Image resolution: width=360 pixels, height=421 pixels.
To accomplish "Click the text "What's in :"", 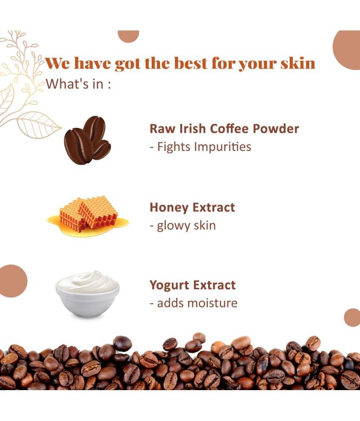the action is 78,84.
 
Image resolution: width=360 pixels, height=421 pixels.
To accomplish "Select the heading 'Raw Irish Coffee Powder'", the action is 224,129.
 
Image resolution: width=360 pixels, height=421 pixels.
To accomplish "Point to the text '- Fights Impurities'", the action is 201,147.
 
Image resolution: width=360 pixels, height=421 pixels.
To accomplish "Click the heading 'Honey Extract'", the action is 192,208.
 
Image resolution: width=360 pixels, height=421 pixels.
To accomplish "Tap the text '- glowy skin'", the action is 183,226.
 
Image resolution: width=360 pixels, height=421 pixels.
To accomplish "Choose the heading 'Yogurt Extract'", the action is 193,285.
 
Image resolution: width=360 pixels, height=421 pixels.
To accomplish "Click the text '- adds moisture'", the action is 194,303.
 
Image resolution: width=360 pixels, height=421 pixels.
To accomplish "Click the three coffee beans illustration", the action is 87,141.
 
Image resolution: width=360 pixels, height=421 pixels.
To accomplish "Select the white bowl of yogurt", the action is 88,294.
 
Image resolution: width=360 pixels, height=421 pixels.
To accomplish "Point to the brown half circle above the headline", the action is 128,36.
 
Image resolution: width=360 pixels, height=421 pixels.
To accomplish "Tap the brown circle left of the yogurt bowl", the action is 12,281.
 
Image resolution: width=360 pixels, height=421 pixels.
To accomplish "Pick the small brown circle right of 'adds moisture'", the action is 352,318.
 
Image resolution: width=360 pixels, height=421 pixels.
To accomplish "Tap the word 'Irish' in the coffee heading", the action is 192,129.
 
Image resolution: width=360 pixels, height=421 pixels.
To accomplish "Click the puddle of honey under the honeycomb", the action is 88,225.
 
